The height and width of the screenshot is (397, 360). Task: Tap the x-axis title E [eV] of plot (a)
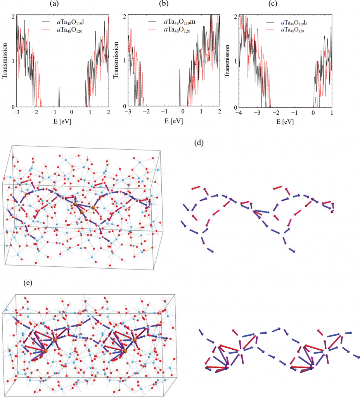point(63,120)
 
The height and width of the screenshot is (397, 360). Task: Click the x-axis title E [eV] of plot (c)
point(285,120)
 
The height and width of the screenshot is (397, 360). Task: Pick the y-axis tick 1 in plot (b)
point(125,61)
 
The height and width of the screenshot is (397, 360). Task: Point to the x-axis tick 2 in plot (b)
point(220,112)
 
